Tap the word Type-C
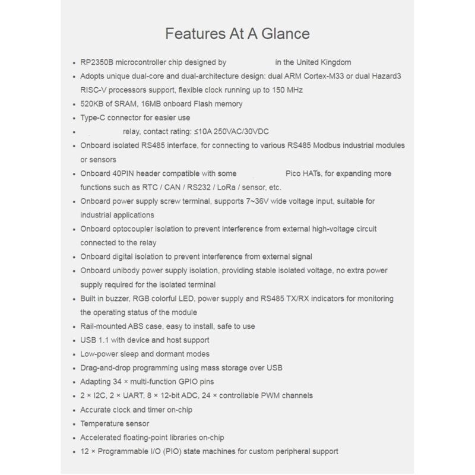(94, 118)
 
